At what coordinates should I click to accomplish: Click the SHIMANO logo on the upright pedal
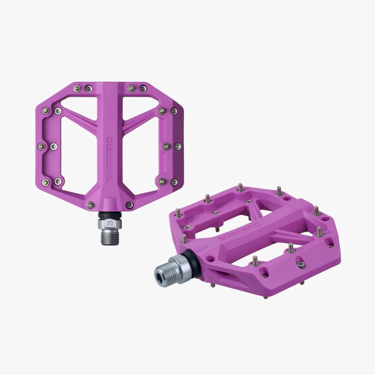[x=109, y=159]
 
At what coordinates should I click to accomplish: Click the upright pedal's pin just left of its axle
[x=89, y=205]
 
